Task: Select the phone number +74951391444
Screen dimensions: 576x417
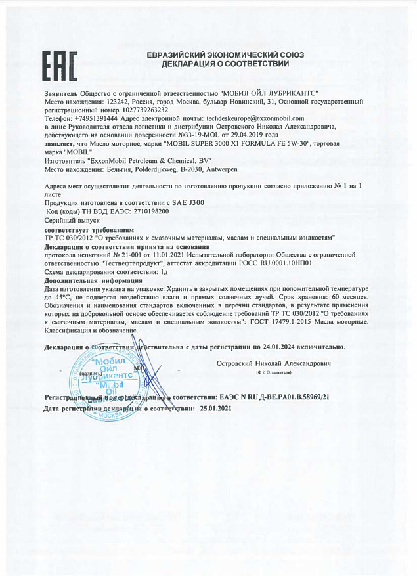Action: pos(97,118)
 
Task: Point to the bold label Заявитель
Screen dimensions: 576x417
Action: pos(61,94)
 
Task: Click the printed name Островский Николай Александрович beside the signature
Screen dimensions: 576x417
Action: pos(273,363)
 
